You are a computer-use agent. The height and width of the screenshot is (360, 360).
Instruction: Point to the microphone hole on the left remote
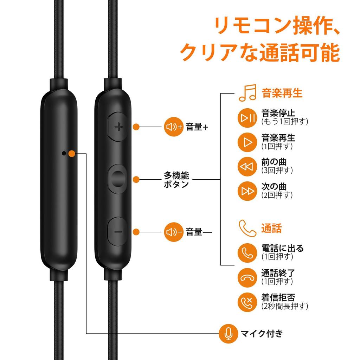63,153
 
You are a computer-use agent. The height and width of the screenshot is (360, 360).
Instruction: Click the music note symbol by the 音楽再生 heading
247,93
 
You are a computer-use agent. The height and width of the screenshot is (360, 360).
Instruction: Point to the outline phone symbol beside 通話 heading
247,228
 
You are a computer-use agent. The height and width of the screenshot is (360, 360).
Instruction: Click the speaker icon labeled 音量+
174,127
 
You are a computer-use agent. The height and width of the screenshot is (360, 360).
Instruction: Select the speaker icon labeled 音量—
174,232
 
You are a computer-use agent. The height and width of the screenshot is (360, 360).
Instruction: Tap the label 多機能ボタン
176,179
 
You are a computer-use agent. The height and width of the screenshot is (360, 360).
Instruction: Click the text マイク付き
262,333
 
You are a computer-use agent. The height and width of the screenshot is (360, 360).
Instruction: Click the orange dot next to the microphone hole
72,153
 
